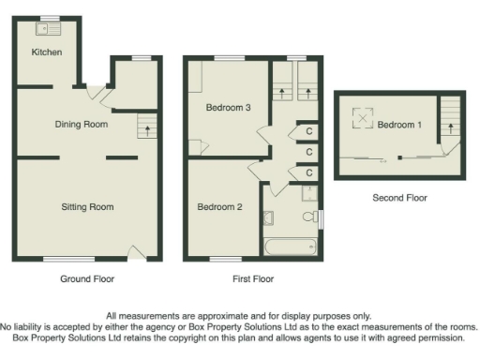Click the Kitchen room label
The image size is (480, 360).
(47, 52)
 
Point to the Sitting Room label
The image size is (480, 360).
(87, 206)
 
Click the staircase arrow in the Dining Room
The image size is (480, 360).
(145, 126)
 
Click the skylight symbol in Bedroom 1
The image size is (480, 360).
(363, 119)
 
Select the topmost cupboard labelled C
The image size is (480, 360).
(308, 130)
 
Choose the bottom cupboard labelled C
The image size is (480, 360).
(308, 173)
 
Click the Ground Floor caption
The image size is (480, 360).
(86, 279)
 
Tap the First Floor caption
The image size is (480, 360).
(253, 279)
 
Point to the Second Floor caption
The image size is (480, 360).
(399, 198)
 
